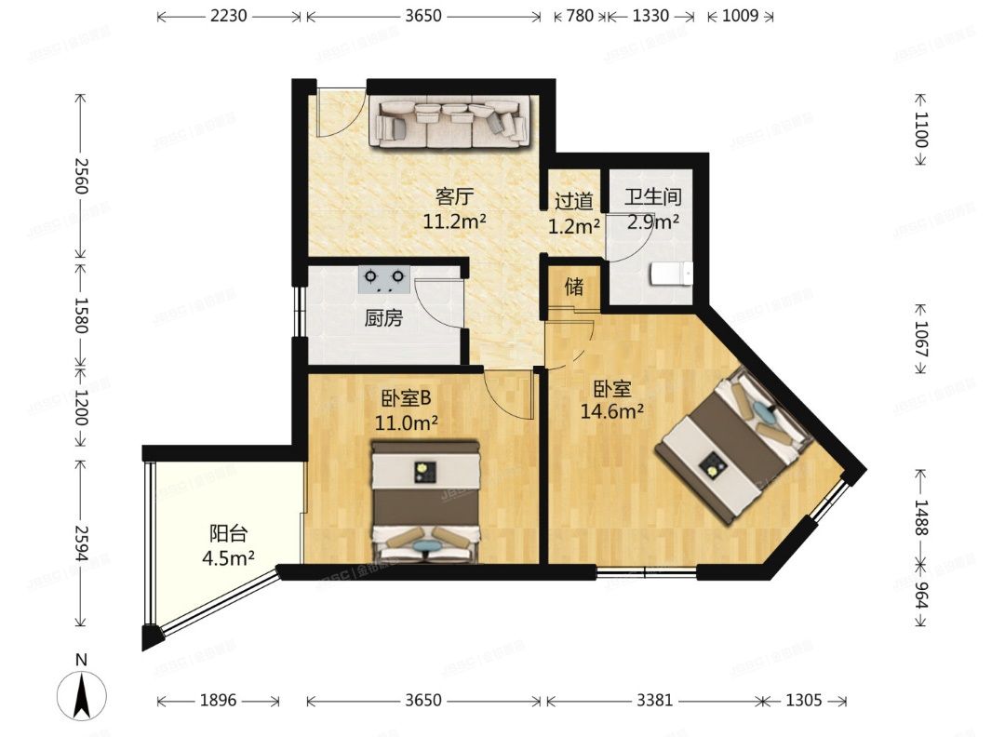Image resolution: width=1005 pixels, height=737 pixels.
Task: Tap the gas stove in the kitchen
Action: [x=384, y=276]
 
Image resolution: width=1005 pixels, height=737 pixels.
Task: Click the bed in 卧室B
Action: [x=426, y=502]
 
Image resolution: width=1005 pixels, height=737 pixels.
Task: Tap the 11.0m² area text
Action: [x=407, y=423]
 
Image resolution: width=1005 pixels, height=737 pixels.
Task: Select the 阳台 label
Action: [x=228, y=534]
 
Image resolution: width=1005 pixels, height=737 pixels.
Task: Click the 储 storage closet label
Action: [x=575, y=287]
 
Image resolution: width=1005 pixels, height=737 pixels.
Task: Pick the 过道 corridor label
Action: [x=573, y=200]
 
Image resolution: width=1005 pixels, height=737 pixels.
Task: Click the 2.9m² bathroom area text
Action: [x=652, y=221]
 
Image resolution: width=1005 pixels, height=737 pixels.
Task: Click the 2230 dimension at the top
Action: [x=229, y=16]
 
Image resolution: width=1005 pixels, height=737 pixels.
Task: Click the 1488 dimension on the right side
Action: [x=920, y=517]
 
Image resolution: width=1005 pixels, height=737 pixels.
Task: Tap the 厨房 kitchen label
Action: [x=383, y=319]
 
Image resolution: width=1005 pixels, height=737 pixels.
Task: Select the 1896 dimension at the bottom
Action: [x=218, y=701]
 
